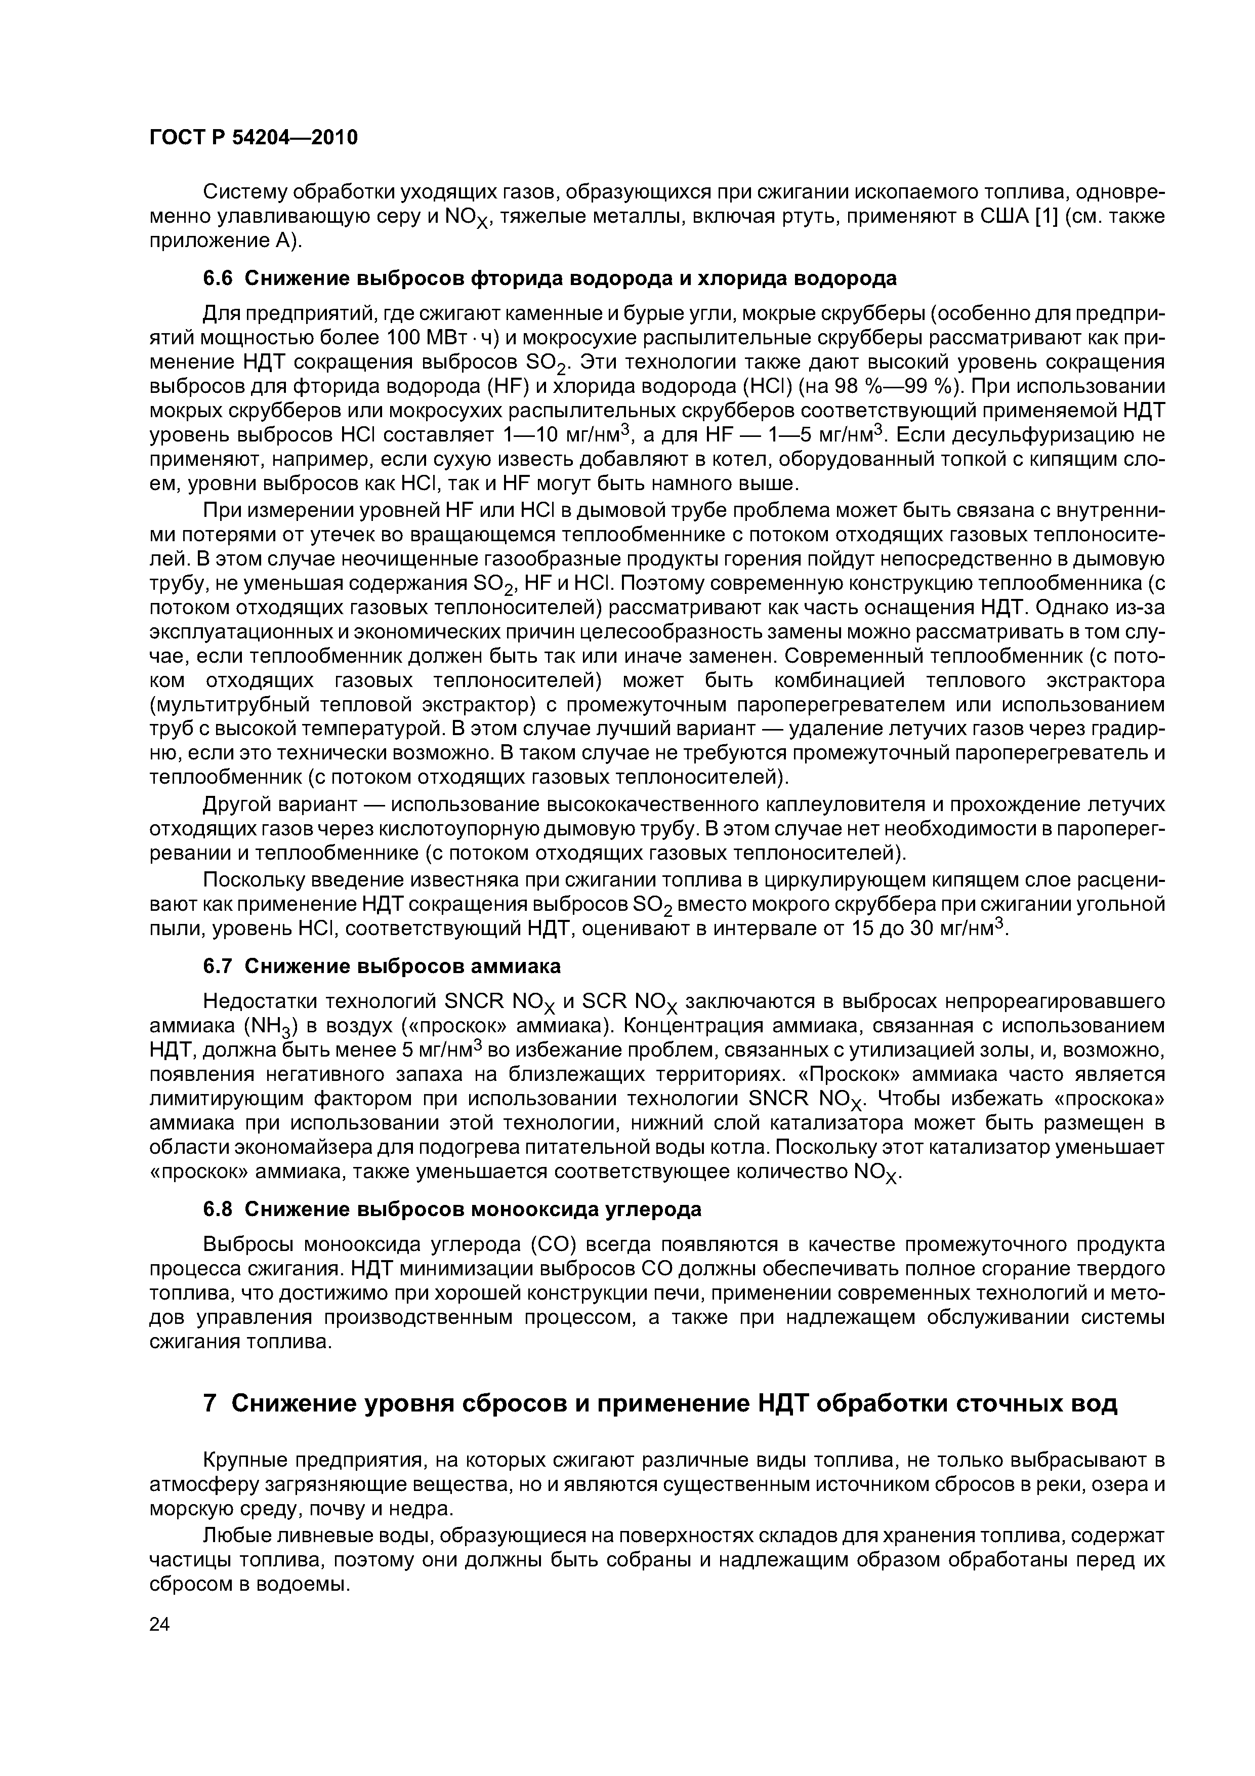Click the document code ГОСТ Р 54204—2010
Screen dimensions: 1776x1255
pyautogui.click(x=254, y=138)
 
